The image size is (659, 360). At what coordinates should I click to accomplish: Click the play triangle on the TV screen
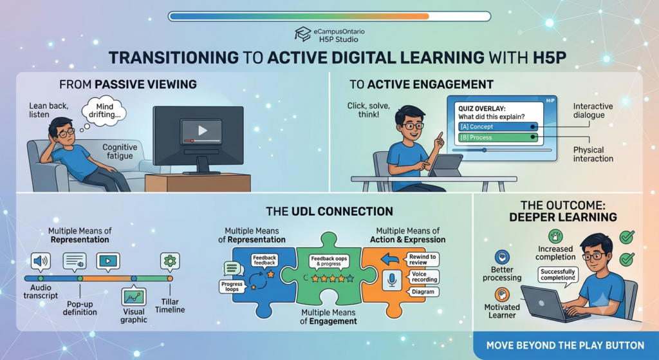point(203,130)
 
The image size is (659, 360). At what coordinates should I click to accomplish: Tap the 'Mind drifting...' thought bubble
point(104,111)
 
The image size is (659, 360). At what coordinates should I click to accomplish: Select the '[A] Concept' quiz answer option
point(498,127)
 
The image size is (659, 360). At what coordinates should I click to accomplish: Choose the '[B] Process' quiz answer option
point(498,138)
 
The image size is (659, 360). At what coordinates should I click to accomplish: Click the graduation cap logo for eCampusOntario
point(302,34)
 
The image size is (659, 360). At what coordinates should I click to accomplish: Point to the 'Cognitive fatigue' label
point(120,151)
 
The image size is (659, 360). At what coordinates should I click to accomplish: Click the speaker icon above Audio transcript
point(41,261)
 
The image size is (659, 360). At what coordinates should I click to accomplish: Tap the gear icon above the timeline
point(170,261)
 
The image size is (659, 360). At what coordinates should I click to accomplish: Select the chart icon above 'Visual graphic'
point(134,297)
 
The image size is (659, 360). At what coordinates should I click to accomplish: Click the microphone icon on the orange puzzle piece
point(392,279)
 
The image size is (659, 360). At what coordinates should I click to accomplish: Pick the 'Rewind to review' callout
point(422,260)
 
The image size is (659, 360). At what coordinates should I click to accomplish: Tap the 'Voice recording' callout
point(423,277)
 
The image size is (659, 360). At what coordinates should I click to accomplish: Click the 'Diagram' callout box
point(423,292)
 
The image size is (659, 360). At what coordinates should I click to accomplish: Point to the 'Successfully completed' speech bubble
point(558,275)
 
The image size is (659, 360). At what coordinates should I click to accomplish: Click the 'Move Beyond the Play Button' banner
point(565,346)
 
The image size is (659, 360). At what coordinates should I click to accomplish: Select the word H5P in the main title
point(550,57)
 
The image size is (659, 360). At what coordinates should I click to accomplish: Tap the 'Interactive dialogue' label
point(593,111)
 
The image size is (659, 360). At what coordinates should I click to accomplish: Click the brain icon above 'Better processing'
point(502,256)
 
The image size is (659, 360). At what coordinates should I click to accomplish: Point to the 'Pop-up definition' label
point(80,308)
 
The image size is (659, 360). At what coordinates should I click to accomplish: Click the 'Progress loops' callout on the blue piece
point(232,287)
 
